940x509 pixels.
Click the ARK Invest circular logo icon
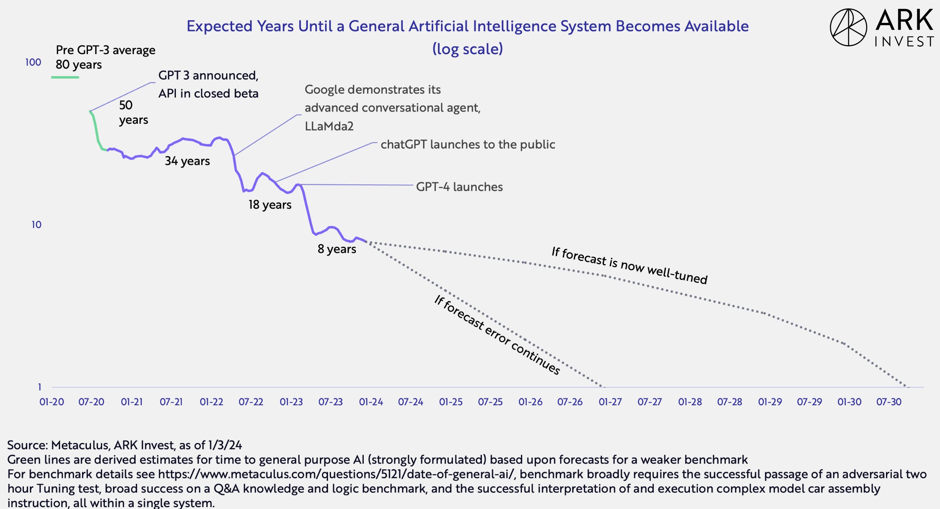point(848,28)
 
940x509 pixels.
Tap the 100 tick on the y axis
point(33,62)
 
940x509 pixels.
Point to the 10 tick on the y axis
point(37,225)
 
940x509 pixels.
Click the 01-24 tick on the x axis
point(371,402)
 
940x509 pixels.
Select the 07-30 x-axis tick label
point(889,402)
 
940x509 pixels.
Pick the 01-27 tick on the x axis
point(610,402)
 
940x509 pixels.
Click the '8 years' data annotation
point(337,249)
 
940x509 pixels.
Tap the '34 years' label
point(187,161)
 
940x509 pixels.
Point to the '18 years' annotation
point(270,204)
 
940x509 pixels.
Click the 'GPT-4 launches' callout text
point(459,187)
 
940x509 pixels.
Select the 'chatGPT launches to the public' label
point(468,144)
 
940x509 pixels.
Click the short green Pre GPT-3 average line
point(65,77)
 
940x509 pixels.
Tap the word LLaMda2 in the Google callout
point(329,126)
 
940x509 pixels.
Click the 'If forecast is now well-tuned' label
point(630,265)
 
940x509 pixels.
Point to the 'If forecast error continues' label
point(497,335)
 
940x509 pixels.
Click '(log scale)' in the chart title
point(468,49)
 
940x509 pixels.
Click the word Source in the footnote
point(27,445)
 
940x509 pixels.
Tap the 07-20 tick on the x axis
point(91,402)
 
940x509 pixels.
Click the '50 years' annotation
point(133,112)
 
